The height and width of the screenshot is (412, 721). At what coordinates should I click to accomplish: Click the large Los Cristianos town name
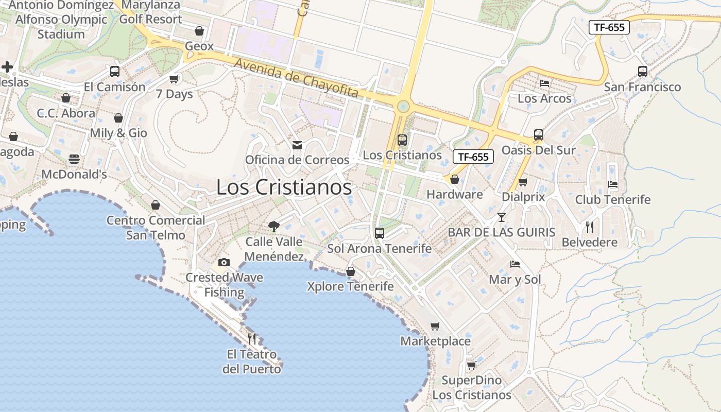(284, 187)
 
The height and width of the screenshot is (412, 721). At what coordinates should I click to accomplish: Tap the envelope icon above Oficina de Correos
(297, 145)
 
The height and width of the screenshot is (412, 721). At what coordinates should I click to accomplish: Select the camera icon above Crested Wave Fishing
(224, 263)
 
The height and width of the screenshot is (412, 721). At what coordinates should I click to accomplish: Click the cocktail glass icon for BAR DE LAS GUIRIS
(502, 217)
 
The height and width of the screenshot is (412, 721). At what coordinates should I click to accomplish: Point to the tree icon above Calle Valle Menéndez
(274, 226)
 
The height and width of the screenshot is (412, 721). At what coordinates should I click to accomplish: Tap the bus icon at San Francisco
(643, 72)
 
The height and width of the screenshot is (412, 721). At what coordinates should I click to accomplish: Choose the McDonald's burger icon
(74, 159)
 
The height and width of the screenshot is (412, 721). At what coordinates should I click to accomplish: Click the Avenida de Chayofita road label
(296, 79)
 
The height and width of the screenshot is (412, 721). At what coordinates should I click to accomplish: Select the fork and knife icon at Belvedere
(590, 227)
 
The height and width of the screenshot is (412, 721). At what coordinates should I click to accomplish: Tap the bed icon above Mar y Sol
(515, 264)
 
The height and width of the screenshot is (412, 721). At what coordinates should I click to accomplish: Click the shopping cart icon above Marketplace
(435, 326)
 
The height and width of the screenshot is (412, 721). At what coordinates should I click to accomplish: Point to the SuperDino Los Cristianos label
(472, 388)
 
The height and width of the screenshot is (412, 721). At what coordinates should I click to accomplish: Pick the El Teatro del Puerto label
(252, 362)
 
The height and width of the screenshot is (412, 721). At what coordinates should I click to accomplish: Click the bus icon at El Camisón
(115, 72)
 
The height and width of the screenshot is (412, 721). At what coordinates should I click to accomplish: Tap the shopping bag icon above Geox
(199, 31)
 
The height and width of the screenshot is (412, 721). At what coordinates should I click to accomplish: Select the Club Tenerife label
(613, 199)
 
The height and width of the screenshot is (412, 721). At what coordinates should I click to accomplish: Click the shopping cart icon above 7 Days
(174, 79)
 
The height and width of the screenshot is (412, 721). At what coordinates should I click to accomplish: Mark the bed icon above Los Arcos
(544, 83)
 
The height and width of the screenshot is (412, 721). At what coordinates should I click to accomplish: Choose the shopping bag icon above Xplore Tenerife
(351, 271)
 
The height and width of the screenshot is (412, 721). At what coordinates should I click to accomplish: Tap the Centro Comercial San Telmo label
(156, 228)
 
